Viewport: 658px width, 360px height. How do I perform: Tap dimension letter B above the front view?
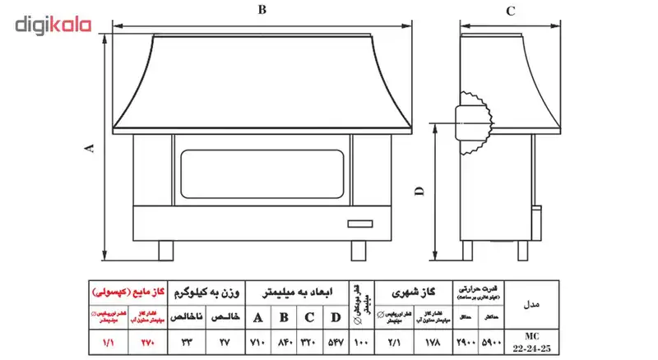click(261, 10)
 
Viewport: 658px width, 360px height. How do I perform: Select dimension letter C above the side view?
click(510, 11)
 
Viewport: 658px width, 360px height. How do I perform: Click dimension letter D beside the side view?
click(419, 191)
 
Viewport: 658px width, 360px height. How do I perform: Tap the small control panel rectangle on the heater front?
click(359, 222)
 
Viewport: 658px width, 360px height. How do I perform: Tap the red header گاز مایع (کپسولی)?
click(127, 291)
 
